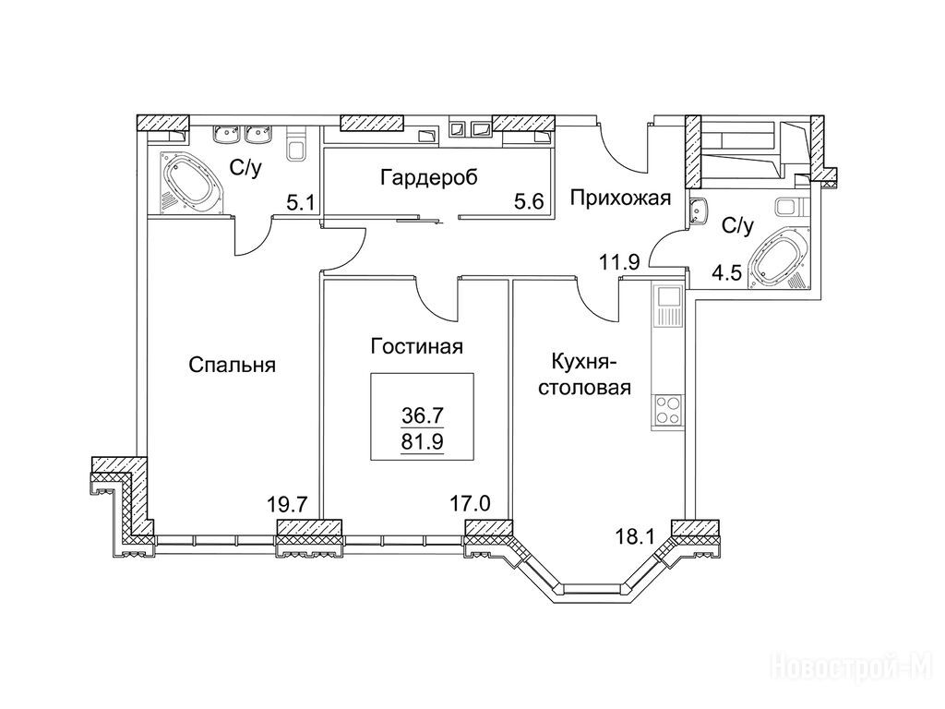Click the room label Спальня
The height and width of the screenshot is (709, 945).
tap(232, 365)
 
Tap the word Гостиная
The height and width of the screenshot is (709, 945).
tap(417, 347)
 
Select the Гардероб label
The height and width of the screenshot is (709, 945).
tap(429, 178)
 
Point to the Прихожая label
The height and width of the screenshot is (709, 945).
tap(621, 198)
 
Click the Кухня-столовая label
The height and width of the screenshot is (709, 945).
tap(584, 375)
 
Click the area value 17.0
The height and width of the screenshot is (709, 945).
tap(471, 502)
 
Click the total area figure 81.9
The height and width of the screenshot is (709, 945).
tap(423, 442)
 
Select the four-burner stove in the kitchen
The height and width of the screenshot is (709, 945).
tap(668, 410)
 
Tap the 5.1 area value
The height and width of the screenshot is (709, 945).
tap(300, 201)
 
